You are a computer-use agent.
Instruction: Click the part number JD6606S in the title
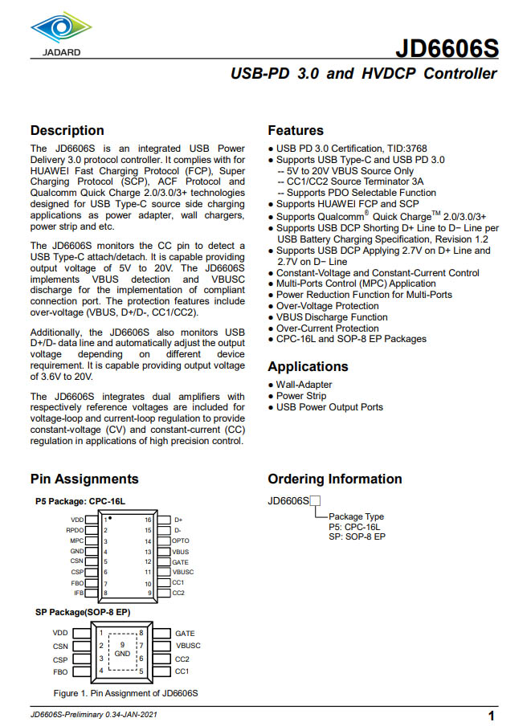click(x=446, y=50)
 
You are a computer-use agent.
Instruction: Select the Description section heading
click(x=67, y=131)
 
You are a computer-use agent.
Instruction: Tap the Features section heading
click(x=296, y=131)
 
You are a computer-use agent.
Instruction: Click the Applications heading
click(x=308, y=366)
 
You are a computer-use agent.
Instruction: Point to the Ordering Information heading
click(x=334, y=479)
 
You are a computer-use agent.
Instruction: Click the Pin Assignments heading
click(x=84, y=479)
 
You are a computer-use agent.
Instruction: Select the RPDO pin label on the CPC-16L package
click(x=75, y=531)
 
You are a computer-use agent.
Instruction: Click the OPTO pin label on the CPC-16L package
click(x=181, y=541)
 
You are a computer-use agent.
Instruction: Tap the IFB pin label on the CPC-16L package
click(x=79, y=593)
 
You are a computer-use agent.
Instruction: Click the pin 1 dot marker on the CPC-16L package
click(x=110, y=519)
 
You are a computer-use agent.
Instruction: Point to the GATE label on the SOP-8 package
click(x=185, y=634)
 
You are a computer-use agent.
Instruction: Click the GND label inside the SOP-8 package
click(x=122, y=655)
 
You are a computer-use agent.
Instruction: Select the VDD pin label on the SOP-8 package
click(x=60, y=634)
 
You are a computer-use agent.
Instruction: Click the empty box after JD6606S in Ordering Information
click(x=315, y=501)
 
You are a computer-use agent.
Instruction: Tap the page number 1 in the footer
click(x=491, y=716)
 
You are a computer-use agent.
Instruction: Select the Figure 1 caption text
click(x=125, y=692)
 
